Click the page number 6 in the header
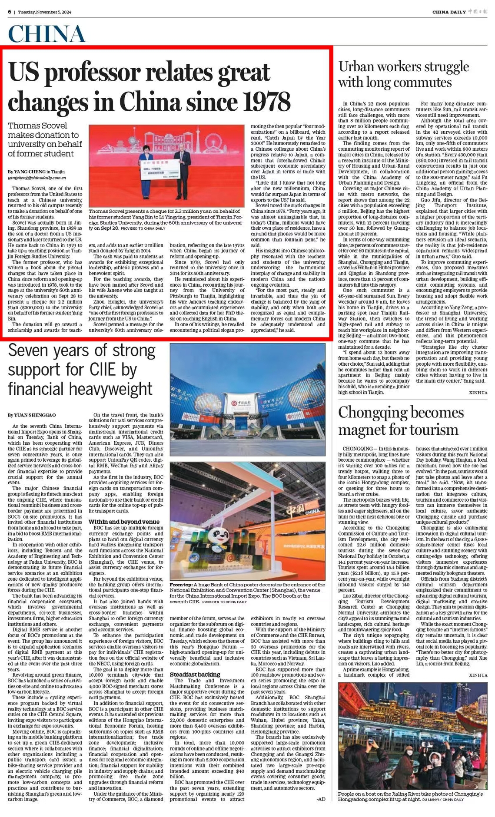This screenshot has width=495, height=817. pos(9,12)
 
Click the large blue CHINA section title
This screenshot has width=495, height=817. pos(47,34)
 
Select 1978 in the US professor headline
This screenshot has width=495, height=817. pos(265,102)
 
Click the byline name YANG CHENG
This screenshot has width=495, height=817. pos(29,172)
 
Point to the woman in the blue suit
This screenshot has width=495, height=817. pos(144,163)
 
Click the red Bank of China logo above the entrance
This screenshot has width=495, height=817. pos(234,399)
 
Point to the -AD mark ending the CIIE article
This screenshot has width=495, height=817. pos(321,799)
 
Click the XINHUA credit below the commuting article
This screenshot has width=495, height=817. pos(478,393)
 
